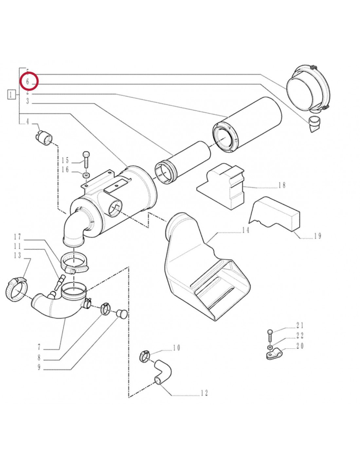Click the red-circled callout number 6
(28, 82)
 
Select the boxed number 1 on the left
(11, 95)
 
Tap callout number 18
(282, 185)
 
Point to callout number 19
(317, 236)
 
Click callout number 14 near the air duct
(245, 230)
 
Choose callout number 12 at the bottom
(204, 393)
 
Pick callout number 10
(176, 348)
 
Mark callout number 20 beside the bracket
(300, 346)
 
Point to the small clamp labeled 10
(144, 356)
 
